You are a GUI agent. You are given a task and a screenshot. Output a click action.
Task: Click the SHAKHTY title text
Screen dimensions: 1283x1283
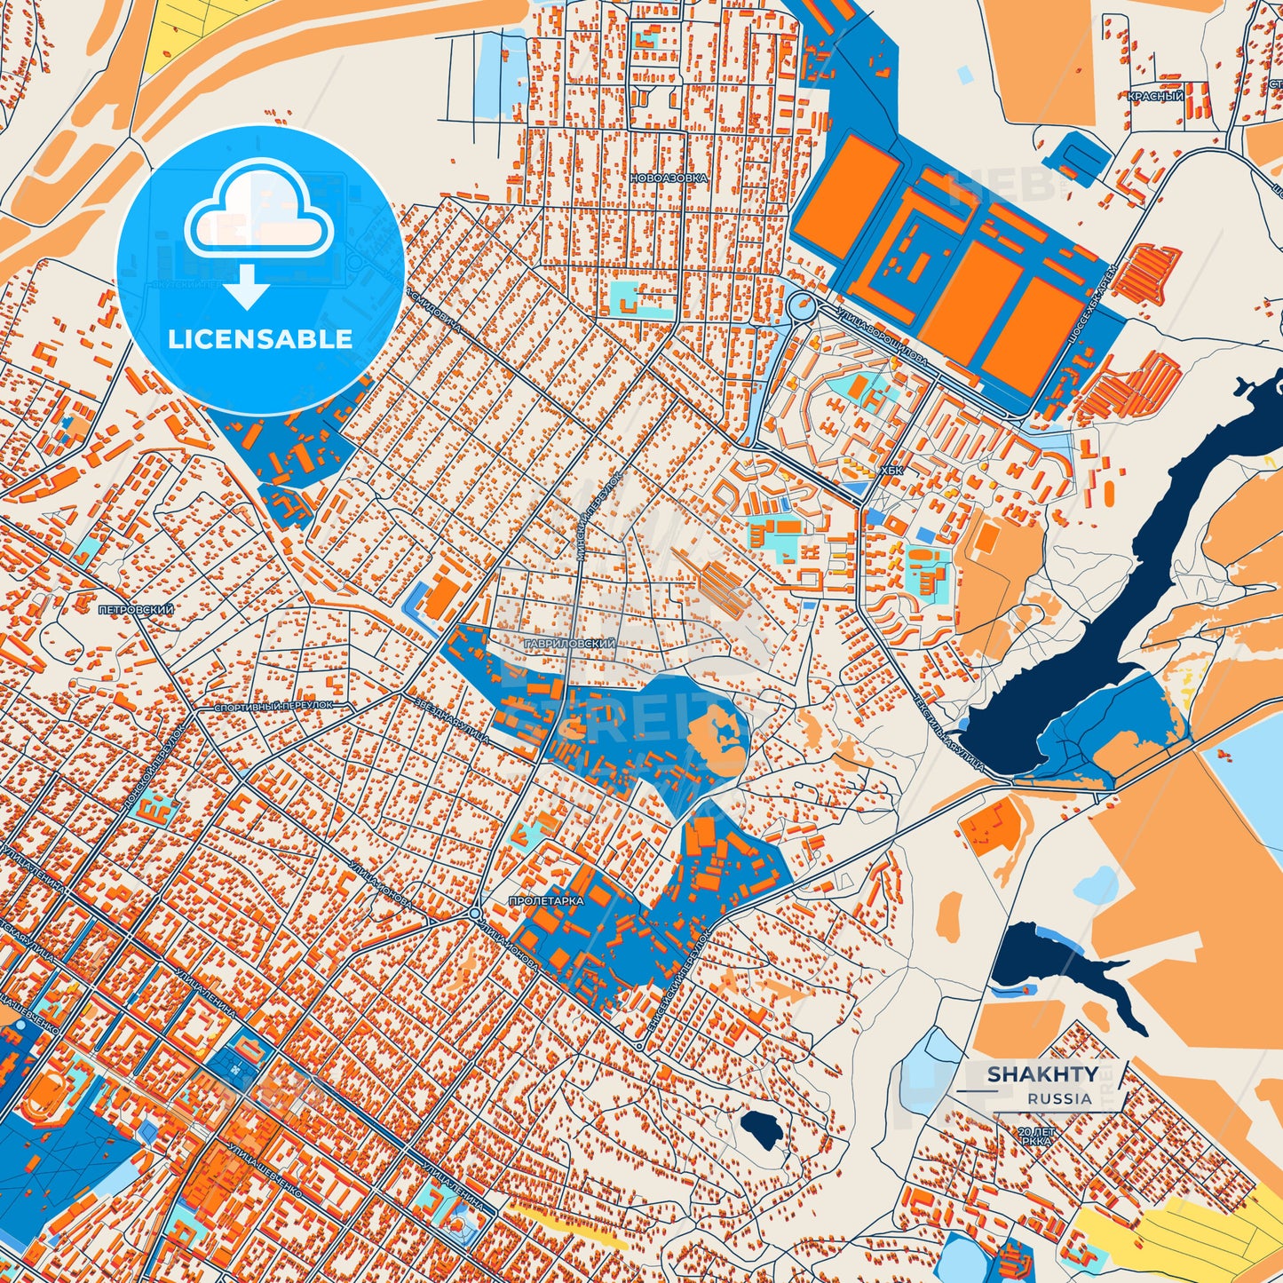(x=1041, y=1074)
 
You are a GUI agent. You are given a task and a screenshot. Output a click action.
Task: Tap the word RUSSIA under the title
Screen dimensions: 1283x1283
(x=1059, y=1098)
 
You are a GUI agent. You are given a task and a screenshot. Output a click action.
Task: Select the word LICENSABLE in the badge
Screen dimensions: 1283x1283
(x=260, y=339)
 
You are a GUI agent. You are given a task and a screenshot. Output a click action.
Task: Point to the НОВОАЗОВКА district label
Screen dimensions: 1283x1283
(x=669, y=178)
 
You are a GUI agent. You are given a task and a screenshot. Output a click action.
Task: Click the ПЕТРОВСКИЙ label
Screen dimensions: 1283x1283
(x=136, y=611)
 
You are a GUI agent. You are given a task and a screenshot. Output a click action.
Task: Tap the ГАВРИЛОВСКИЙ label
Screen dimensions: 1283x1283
(x=569, y=643)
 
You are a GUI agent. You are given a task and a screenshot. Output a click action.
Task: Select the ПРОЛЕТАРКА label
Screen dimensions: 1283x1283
(x=546, y=900)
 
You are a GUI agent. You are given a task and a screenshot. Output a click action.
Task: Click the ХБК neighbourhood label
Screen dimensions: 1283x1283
(x=891, y=471)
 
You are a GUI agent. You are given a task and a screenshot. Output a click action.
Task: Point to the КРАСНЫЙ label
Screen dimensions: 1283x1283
(x=1154, y=96)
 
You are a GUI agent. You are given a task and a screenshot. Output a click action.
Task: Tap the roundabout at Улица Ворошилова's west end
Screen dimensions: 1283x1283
(x=802, y=306)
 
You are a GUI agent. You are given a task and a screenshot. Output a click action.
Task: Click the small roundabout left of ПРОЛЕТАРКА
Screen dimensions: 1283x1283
(x=475, y=914)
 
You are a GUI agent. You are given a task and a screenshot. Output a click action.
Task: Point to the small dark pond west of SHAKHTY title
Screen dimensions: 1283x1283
(x=761, y=1129)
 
